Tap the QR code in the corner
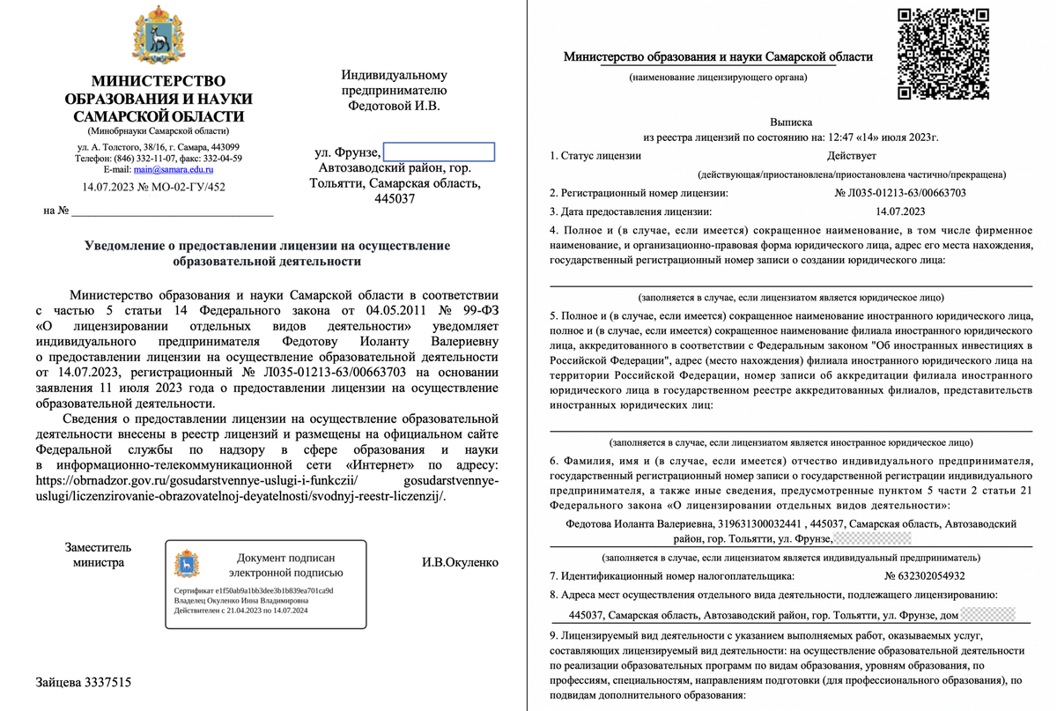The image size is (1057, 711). point(942,53)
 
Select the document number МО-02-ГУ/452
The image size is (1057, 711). point(188,187)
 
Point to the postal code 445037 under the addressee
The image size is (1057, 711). point(395,199)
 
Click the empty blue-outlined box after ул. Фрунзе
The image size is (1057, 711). point(439,152)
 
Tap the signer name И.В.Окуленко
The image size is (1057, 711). point(461,562)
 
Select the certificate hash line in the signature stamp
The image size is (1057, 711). point(254,590)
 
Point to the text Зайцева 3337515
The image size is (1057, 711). point(84,683)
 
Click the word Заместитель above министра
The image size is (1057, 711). point(98,546)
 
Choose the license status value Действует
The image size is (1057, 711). point(851,156)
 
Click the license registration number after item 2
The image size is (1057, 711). point(900,193)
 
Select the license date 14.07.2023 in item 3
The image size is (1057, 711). point(900,211)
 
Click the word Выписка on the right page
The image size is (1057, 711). point(791,122)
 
